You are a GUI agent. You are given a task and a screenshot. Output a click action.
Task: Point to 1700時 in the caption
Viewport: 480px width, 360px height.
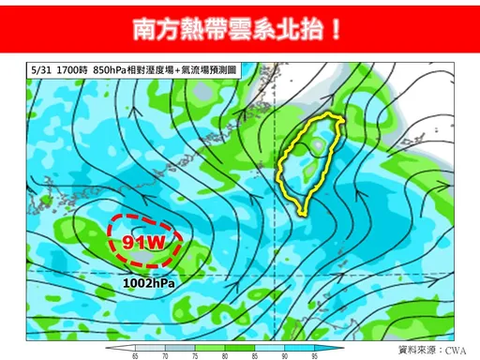tap(72, 70)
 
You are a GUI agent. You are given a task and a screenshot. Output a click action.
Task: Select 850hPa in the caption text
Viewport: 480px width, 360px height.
tap(112, 70)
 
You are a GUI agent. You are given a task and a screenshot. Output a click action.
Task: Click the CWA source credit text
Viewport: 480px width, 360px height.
tap(457, 350)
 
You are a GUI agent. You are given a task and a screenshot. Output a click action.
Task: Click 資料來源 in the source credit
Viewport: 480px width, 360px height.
tap(419, 350)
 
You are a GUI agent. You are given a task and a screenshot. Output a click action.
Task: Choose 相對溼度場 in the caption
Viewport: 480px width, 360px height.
tap(160, 70)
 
